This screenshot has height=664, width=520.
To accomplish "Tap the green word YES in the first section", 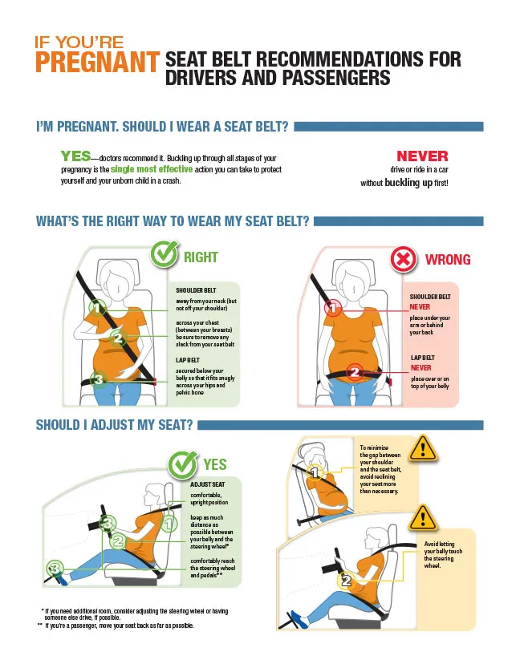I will pyautogui.click(x=75, y=156).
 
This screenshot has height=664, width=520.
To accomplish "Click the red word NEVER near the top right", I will pyautogui.click(x=422, y=156).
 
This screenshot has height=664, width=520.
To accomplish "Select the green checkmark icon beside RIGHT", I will pyautogui.click(x=165, y=256).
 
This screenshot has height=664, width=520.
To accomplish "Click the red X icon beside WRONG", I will pyautogui.click(x=402, y=259).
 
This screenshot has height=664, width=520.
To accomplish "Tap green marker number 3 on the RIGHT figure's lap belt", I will pyautogui.click(x=97, y=379).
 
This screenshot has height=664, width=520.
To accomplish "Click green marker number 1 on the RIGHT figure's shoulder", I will pyautogui.click(x=96, y=307).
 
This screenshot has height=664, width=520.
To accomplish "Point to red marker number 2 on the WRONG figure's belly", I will pyautogui.click(x=355, y=371).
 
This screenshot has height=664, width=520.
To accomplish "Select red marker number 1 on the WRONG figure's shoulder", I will pyautogui.click(x=333, y=307).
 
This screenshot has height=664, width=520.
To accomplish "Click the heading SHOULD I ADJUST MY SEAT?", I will pyautogui.click(x=114, y=425).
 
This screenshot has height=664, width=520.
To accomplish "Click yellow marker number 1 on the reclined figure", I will pyautogui.click(x=315, y=474).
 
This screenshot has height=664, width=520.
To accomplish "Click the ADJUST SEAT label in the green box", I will pyautogui.click(x=207, y=485).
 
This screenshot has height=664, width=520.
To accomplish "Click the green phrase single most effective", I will pyautogui.click(x=152, y=170).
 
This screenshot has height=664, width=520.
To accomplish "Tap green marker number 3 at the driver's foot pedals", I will pyautogui.click(x=55, y=569).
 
